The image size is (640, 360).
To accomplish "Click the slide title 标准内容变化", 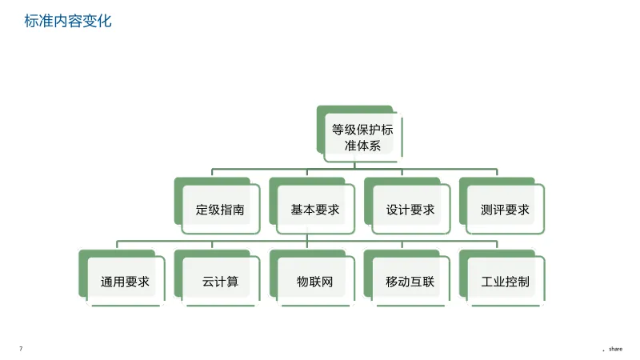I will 68,21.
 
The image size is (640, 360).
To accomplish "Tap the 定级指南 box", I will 220,210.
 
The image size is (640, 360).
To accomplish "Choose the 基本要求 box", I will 314,210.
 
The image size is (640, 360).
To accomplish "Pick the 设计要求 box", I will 410,210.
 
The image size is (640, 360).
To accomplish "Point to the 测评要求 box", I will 505,210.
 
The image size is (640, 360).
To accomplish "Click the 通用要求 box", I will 125,282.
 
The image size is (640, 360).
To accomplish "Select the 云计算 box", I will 220,282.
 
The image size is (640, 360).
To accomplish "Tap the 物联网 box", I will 314,282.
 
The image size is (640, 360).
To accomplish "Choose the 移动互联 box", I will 410,282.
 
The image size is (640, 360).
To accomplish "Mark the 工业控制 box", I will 505,282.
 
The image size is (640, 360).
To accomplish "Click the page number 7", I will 21,349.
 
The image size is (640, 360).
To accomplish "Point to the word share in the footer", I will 615,349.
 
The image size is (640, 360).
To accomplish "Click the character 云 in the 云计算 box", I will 208,282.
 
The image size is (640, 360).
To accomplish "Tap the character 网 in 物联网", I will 326,282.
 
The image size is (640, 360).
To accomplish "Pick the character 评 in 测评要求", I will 499,210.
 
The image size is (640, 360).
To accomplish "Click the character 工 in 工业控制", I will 487,282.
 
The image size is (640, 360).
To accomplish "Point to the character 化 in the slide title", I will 105,21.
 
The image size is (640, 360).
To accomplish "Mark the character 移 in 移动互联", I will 392,282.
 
